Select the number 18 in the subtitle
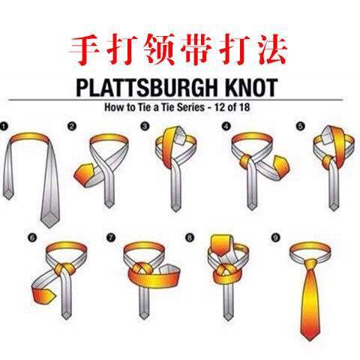[244, 107]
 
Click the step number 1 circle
[4, 126]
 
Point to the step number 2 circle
[71, 126]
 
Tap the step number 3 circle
[144, 126]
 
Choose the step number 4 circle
[226, 126]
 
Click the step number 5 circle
[300, 126]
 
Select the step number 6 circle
[31, 238]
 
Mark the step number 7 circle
[111, 238]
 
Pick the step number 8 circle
[190, 237]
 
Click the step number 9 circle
[275, 238]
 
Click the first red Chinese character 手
[85, 49]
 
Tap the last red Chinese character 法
[271, 49]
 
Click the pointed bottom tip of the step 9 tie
[310, 340]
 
